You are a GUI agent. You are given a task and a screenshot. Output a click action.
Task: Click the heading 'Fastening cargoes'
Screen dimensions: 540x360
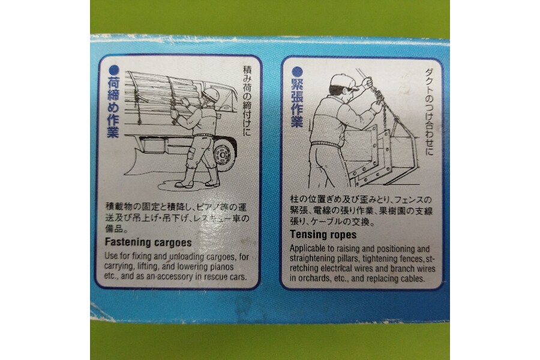[x=148, y=242]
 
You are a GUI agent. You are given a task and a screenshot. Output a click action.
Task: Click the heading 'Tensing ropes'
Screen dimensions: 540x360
[x=323, y=235]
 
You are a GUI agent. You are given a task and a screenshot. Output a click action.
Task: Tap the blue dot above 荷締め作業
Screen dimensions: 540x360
[x=113, y=71]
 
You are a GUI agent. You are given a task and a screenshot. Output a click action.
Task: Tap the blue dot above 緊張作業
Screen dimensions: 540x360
[x=297, y=71]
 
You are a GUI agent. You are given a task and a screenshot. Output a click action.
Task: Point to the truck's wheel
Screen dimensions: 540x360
[x=223, y=156]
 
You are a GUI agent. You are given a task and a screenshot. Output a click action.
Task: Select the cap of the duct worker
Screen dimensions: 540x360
[x=343, y=82]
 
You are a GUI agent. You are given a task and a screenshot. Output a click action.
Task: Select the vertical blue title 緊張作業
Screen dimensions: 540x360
[x=297, y=103]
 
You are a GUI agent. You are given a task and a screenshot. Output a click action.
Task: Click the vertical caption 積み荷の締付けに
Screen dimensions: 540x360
[x=247, y=100]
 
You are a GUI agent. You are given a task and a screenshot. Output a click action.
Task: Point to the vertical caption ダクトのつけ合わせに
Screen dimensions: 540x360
[x=429, y=111]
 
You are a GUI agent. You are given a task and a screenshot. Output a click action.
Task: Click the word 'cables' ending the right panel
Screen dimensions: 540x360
[x=413, y=278]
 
